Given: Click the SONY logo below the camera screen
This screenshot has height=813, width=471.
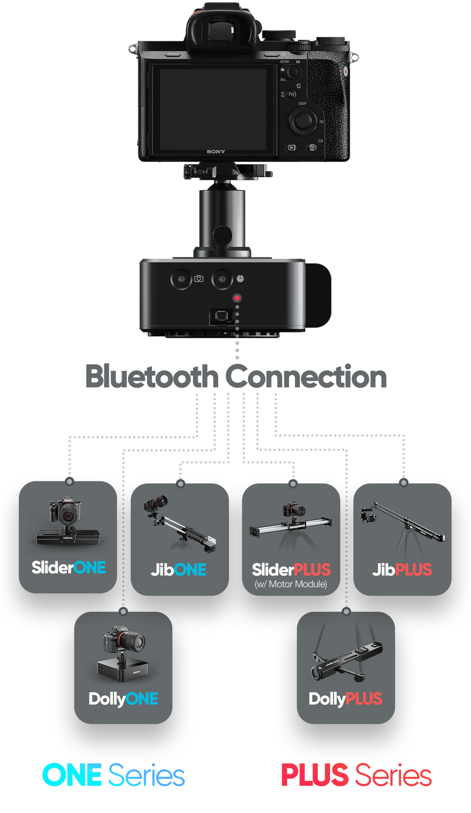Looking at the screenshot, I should (216, 151).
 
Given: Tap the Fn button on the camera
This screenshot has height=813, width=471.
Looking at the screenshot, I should (291, 94).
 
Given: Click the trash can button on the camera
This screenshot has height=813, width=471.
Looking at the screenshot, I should (312, 147).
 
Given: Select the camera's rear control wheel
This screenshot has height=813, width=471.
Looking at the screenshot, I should (302, 121).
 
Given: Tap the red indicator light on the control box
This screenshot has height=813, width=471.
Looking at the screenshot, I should (237, 298).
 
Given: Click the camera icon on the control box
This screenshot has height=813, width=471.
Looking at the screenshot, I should (199, 279).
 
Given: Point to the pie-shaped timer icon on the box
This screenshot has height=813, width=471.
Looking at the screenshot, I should (240, 279).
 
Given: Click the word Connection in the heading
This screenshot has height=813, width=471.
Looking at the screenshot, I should (306, 377).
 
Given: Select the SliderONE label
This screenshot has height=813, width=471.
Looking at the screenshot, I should (69, 567).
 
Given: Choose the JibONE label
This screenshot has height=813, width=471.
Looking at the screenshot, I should (179, 570).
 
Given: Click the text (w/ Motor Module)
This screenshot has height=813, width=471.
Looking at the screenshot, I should (291, 584).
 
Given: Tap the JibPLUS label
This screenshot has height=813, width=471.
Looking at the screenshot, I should (402, 570).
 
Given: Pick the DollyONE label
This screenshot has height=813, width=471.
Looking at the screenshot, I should (123, 699).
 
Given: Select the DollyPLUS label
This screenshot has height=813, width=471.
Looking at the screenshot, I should (345, 699).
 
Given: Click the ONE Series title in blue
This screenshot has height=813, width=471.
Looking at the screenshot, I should (113, 775).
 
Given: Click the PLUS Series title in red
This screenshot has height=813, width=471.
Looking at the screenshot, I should (356, 775).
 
